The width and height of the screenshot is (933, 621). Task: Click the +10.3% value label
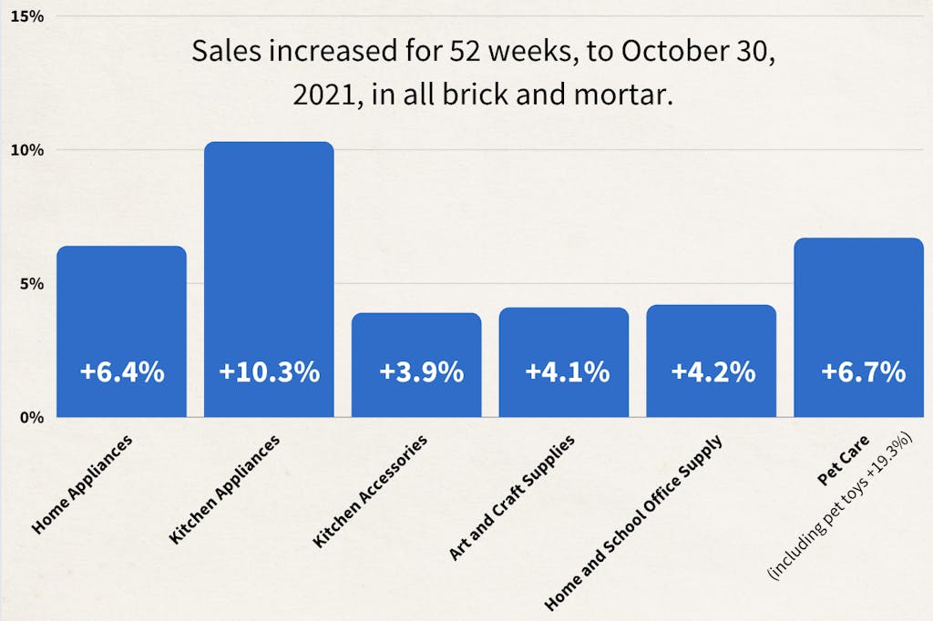pyautogui.click(x=270, y=372)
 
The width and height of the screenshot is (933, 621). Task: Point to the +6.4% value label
pyautogui.click(x=122, y=372)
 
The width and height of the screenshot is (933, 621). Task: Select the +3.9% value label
pyautogui.click(x=421, y=372)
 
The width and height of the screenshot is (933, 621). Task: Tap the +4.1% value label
pyautogui.click(x=567, y=372)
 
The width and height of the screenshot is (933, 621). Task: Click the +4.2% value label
pyautogui.click(x=713, y=372)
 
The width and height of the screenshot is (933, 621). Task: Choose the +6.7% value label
pyautogui.click(x=863, y=372)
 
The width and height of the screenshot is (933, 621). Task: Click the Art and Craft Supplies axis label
pyautogui.click(x=512, y=497)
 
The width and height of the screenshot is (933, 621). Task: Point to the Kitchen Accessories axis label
pyautogui.click(x=370, y=490)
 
